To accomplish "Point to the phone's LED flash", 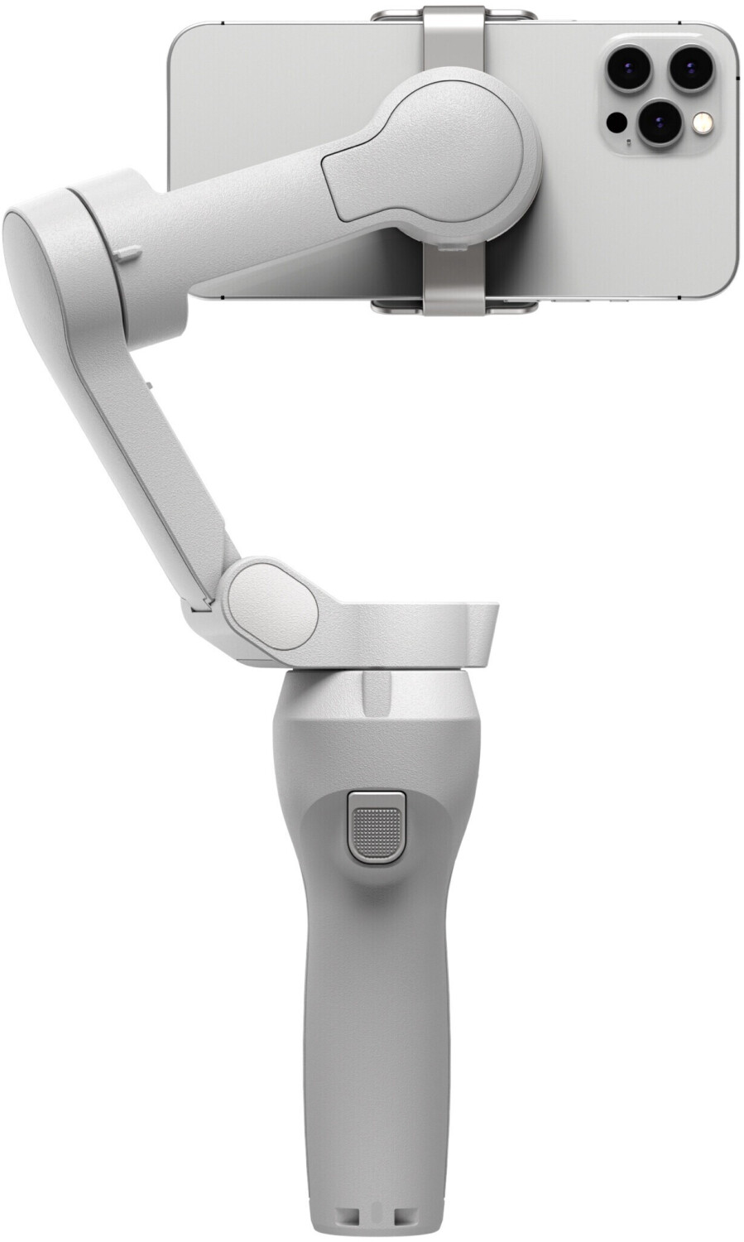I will click(x=703, y=123).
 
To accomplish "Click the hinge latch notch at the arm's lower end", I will click(x=199, y=609).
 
